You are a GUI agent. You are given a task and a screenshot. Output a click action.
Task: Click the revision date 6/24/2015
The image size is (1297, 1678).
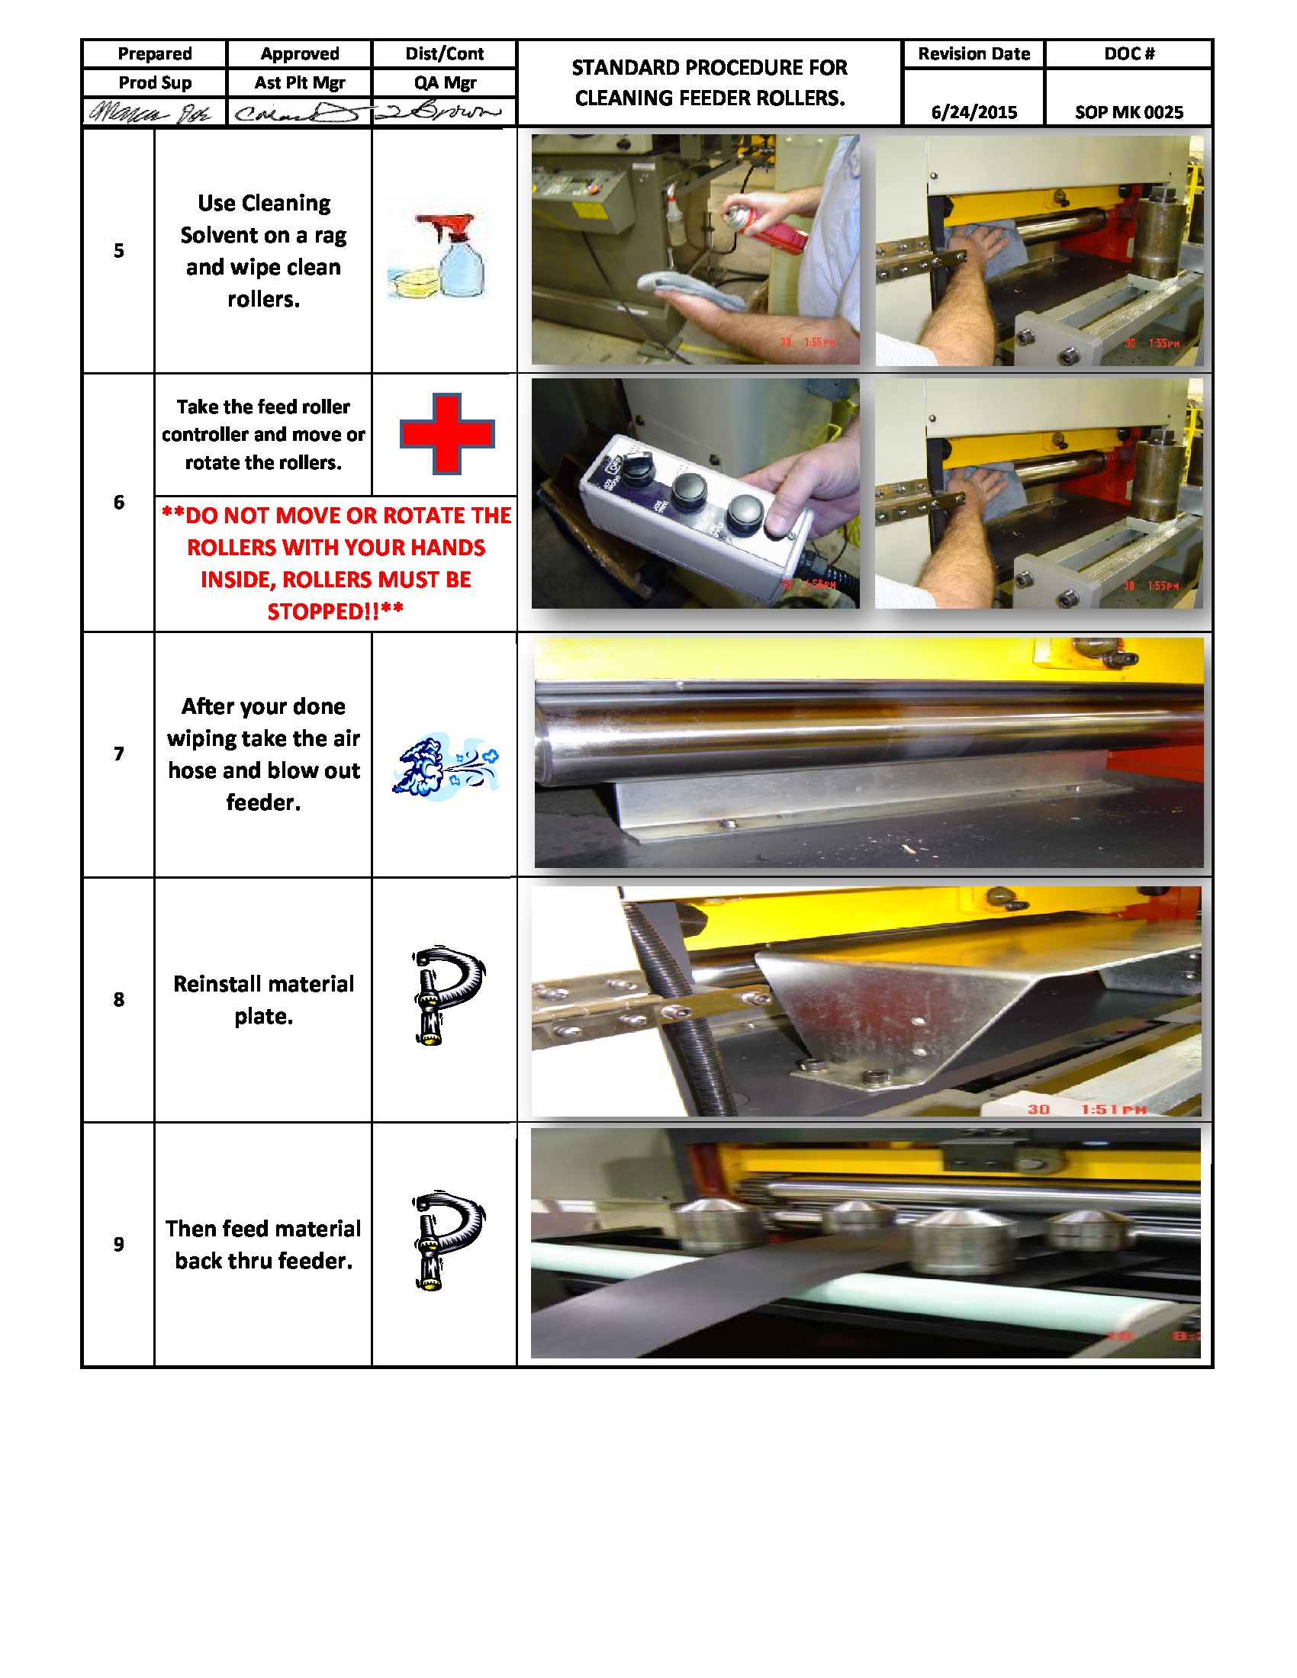(x=974, y=112)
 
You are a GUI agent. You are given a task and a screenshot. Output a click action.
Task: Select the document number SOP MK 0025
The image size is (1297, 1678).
(x=1128, y=112)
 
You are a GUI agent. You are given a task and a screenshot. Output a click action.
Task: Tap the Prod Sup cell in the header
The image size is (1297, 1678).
(x=154, y=83)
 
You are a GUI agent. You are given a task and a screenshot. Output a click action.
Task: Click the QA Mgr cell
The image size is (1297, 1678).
(x=445, y=83)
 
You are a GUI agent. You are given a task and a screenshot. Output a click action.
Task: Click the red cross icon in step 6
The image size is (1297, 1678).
(x=446, y=434)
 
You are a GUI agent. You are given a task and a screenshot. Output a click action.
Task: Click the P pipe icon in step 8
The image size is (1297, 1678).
(x=446, y=995)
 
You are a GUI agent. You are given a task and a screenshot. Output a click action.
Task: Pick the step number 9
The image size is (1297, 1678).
(x=118, y=1245)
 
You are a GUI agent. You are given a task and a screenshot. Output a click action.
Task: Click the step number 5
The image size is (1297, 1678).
(x=118, y=251)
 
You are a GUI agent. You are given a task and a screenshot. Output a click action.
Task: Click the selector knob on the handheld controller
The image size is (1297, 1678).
(x=635, y=468)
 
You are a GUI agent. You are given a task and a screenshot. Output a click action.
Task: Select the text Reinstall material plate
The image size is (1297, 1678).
(x=263, y=1000)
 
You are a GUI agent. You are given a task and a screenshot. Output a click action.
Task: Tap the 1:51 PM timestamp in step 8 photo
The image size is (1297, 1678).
(x=1112, y=1110)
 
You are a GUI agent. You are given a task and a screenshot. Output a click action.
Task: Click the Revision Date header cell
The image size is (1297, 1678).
(x=974, y=54)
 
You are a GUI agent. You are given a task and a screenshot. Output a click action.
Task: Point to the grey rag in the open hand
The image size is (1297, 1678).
(x=686, y=291)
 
